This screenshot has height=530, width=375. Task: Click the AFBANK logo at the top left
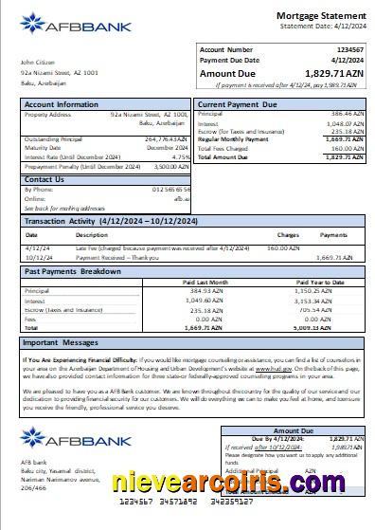point(59,26)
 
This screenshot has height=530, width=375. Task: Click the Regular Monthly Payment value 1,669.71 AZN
point(345,138)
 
